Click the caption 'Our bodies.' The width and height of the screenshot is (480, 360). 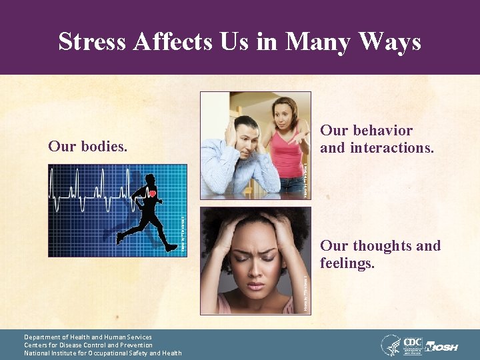pyautogui.click(x=88, y=145)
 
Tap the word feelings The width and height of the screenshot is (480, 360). pyautogui.click(x=347, y=264)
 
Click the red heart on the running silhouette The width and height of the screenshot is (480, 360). pyautogui.click(x=152, y=194)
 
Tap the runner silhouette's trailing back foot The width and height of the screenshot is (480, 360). pyautogui.click(x=120, y=237)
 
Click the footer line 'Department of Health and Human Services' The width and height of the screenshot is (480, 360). pyautogui.click(x=88, y=337)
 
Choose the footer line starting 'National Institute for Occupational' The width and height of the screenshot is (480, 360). pyautogui.click(x=103, y=353)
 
